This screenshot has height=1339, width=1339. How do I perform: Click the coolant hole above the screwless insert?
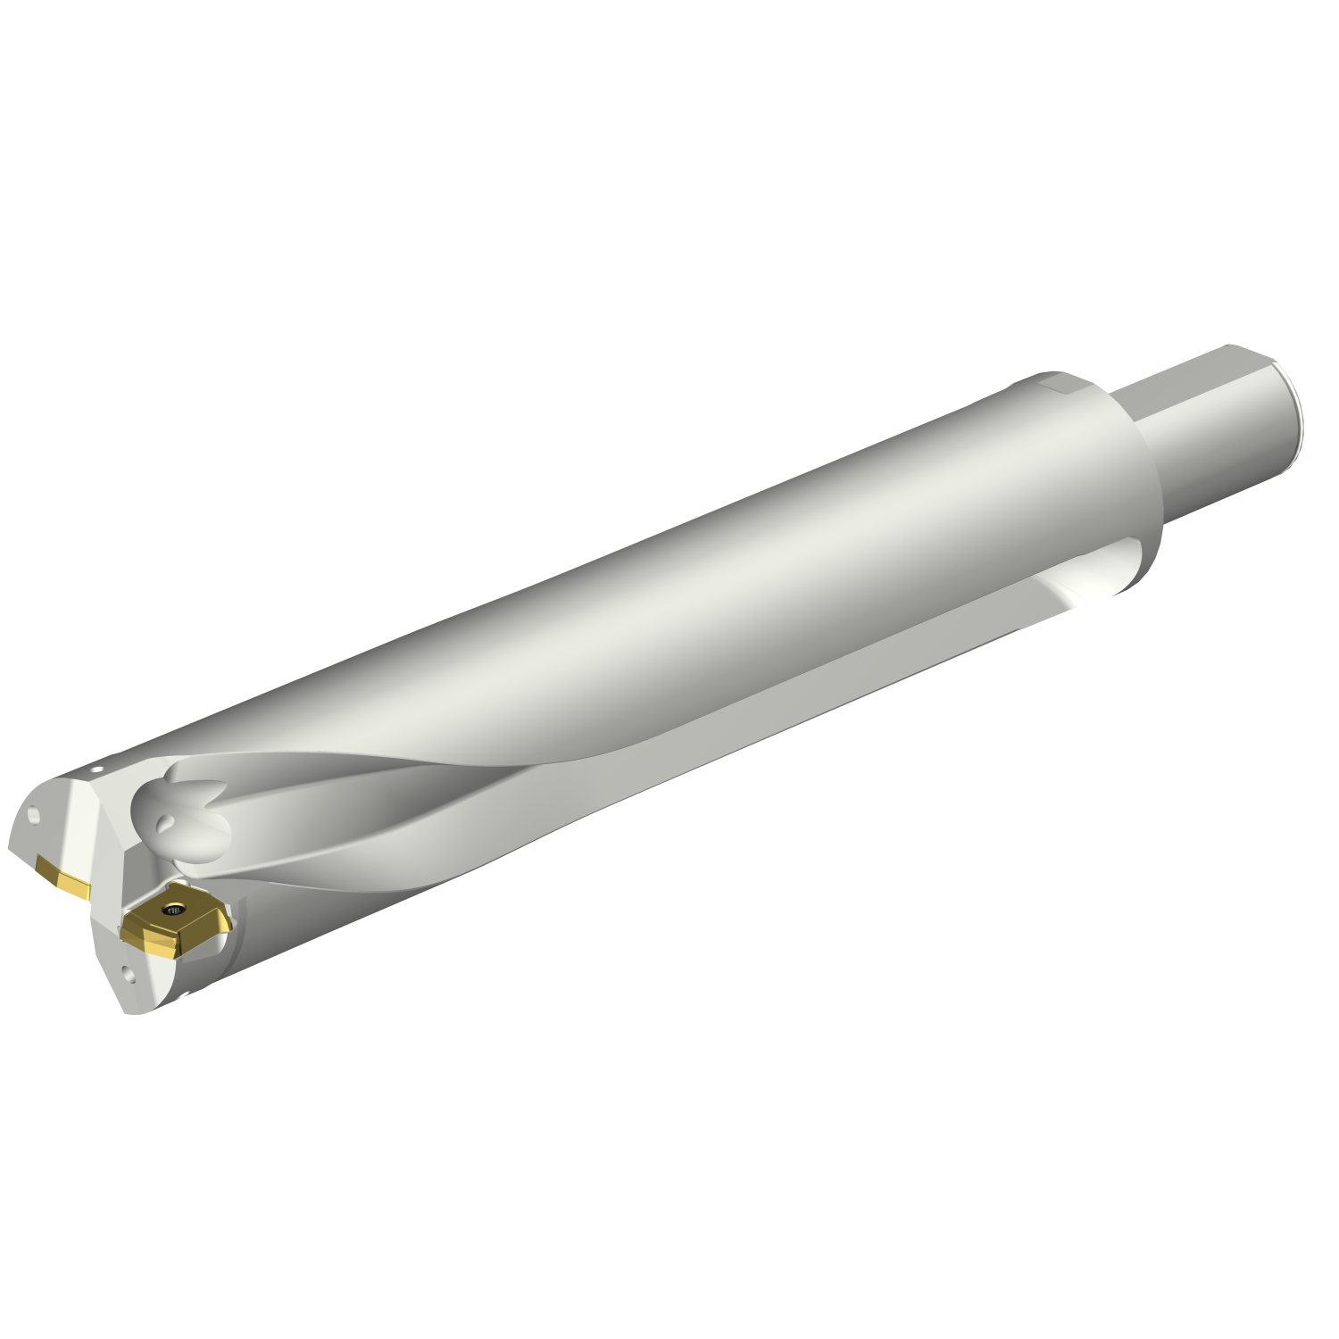pos(34,816)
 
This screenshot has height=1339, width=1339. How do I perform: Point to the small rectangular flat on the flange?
pos(1062,386)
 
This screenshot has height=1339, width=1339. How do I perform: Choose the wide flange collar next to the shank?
pos(1125,482)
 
